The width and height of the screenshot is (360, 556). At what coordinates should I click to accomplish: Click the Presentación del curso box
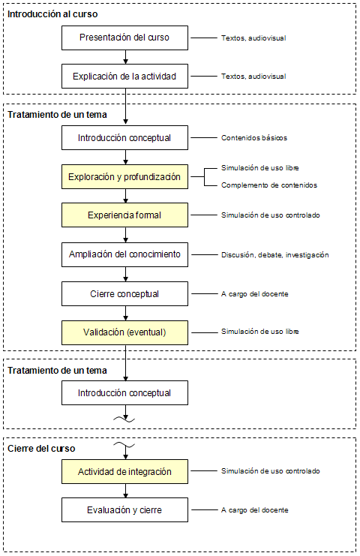124,38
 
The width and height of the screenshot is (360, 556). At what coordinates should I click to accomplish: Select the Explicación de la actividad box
124,77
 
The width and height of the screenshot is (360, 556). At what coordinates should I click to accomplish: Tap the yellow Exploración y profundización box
124,176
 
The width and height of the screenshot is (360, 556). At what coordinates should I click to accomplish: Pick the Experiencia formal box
124,215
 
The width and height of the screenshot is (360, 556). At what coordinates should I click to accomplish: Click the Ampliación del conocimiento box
124,254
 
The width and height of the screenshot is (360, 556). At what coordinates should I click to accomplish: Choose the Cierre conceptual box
124,293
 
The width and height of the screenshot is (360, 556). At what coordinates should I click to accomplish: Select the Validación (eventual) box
124,332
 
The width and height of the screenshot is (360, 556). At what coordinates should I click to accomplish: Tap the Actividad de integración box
124,472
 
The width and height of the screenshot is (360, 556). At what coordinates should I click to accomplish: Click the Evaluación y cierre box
124,510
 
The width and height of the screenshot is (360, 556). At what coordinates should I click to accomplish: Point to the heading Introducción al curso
52,14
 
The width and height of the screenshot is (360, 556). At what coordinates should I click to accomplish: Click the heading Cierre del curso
41,449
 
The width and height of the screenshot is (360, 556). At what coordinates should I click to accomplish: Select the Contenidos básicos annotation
254,137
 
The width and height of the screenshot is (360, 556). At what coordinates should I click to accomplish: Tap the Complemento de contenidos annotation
269,185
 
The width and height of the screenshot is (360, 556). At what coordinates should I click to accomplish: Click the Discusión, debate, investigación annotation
275,254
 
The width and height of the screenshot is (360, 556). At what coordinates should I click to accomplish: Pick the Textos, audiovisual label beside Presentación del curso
253,38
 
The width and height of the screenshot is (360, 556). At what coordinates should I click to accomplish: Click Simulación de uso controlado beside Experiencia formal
270,215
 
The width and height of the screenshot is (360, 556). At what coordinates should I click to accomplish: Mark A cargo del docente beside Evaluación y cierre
254,510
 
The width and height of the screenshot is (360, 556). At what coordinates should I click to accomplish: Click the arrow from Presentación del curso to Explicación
125,57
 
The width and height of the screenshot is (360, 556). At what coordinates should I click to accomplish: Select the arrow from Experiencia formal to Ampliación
125,235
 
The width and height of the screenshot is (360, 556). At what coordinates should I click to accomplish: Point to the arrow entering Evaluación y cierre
125,491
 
